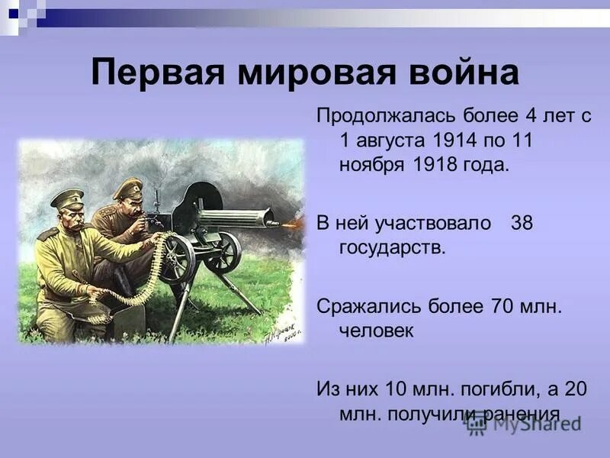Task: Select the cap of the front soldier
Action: point(66,198)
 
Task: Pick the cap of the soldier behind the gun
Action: point(127,185)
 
